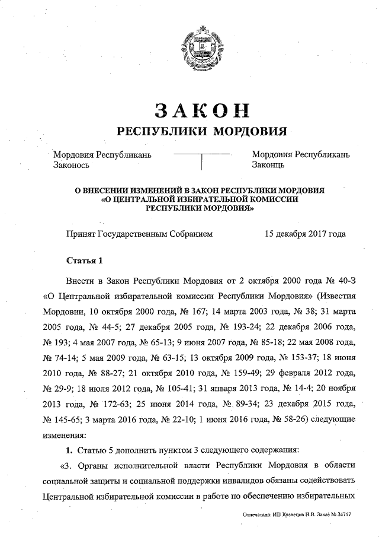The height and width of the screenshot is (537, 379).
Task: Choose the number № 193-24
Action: click(x=241, y=327)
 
